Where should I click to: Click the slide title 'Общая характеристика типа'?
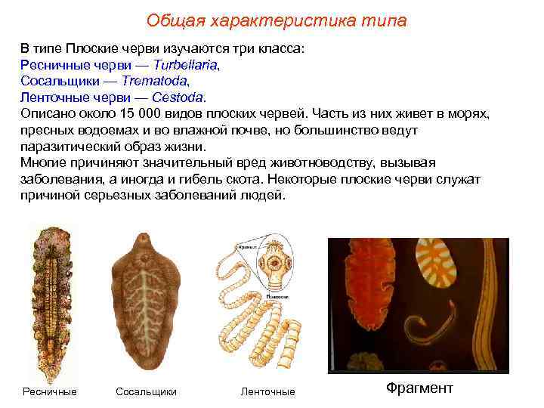(276, 20)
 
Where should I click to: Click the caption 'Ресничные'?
(50, 391)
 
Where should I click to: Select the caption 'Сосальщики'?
(146, 391)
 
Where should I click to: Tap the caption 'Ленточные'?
(267, 391)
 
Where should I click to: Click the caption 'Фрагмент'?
(419, 388)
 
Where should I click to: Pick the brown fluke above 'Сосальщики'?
(146, 302)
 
